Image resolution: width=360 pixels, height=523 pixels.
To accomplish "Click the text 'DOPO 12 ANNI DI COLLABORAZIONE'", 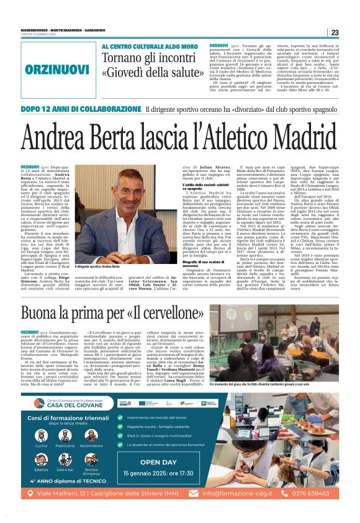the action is [x=80, y=109].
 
